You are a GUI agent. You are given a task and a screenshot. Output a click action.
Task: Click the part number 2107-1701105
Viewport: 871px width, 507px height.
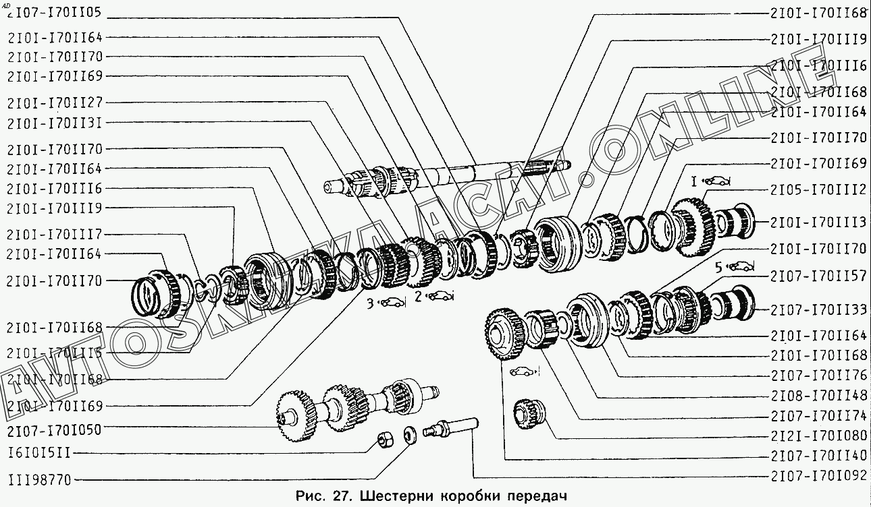click(x=54, y=12)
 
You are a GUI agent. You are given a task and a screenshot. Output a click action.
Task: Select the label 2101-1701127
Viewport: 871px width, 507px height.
click(x=55, y=103)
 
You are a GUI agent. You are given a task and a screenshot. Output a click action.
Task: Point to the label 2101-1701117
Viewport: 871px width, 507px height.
click(x=55, y=234)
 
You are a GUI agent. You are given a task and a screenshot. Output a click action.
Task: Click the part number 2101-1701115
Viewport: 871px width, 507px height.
click(x=55, y=353)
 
